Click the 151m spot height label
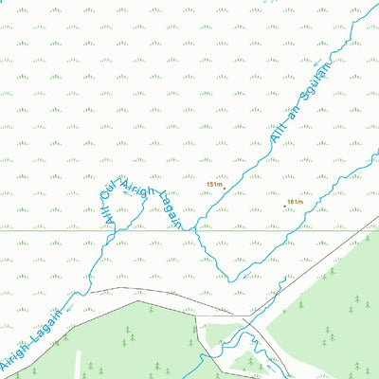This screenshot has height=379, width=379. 213,185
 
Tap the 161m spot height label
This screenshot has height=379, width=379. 294,202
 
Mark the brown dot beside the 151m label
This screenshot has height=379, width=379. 225,188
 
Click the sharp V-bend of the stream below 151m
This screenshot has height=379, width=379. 230,280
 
